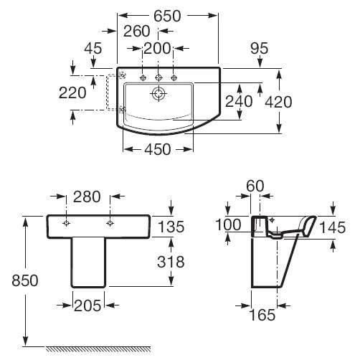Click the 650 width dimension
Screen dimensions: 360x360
coord(167,16)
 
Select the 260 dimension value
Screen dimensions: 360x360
coord(137,31)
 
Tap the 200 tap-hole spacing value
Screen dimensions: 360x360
coord(157,49)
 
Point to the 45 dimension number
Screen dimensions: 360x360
coord(93,48)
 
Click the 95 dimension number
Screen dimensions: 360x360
coord(260,48)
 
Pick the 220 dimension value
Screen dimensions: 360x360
coord(72,93)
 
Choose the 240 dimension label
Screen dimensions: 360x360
coord(239,101)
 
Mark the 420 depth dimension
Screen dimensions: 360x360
coord(278,102)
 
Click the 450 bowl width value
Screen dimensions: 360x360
coord(158,149)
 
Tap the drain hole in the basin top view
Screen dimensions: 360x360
coord(158,93)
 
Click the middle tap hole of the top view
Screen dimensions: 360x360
coord(158,77)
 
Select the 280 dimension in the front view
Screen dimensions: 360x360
coord(87,197)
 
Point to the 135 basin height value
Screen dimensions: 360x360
coord(171,227)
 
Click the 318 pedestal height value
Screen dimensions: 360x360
coord(171,262)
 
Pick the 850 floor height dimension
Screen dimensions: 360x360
coord(25,280)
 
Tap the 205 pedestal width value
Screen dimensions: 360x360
coord(87,305)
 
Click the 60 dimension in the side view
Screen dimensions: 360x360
coord(255,186)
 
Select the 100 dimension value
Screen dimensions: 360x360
coord(228,225)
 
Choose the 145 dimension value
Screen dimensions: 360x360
coord(333,227)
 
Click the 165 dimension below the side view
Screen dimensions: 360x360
coord(262,315)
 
